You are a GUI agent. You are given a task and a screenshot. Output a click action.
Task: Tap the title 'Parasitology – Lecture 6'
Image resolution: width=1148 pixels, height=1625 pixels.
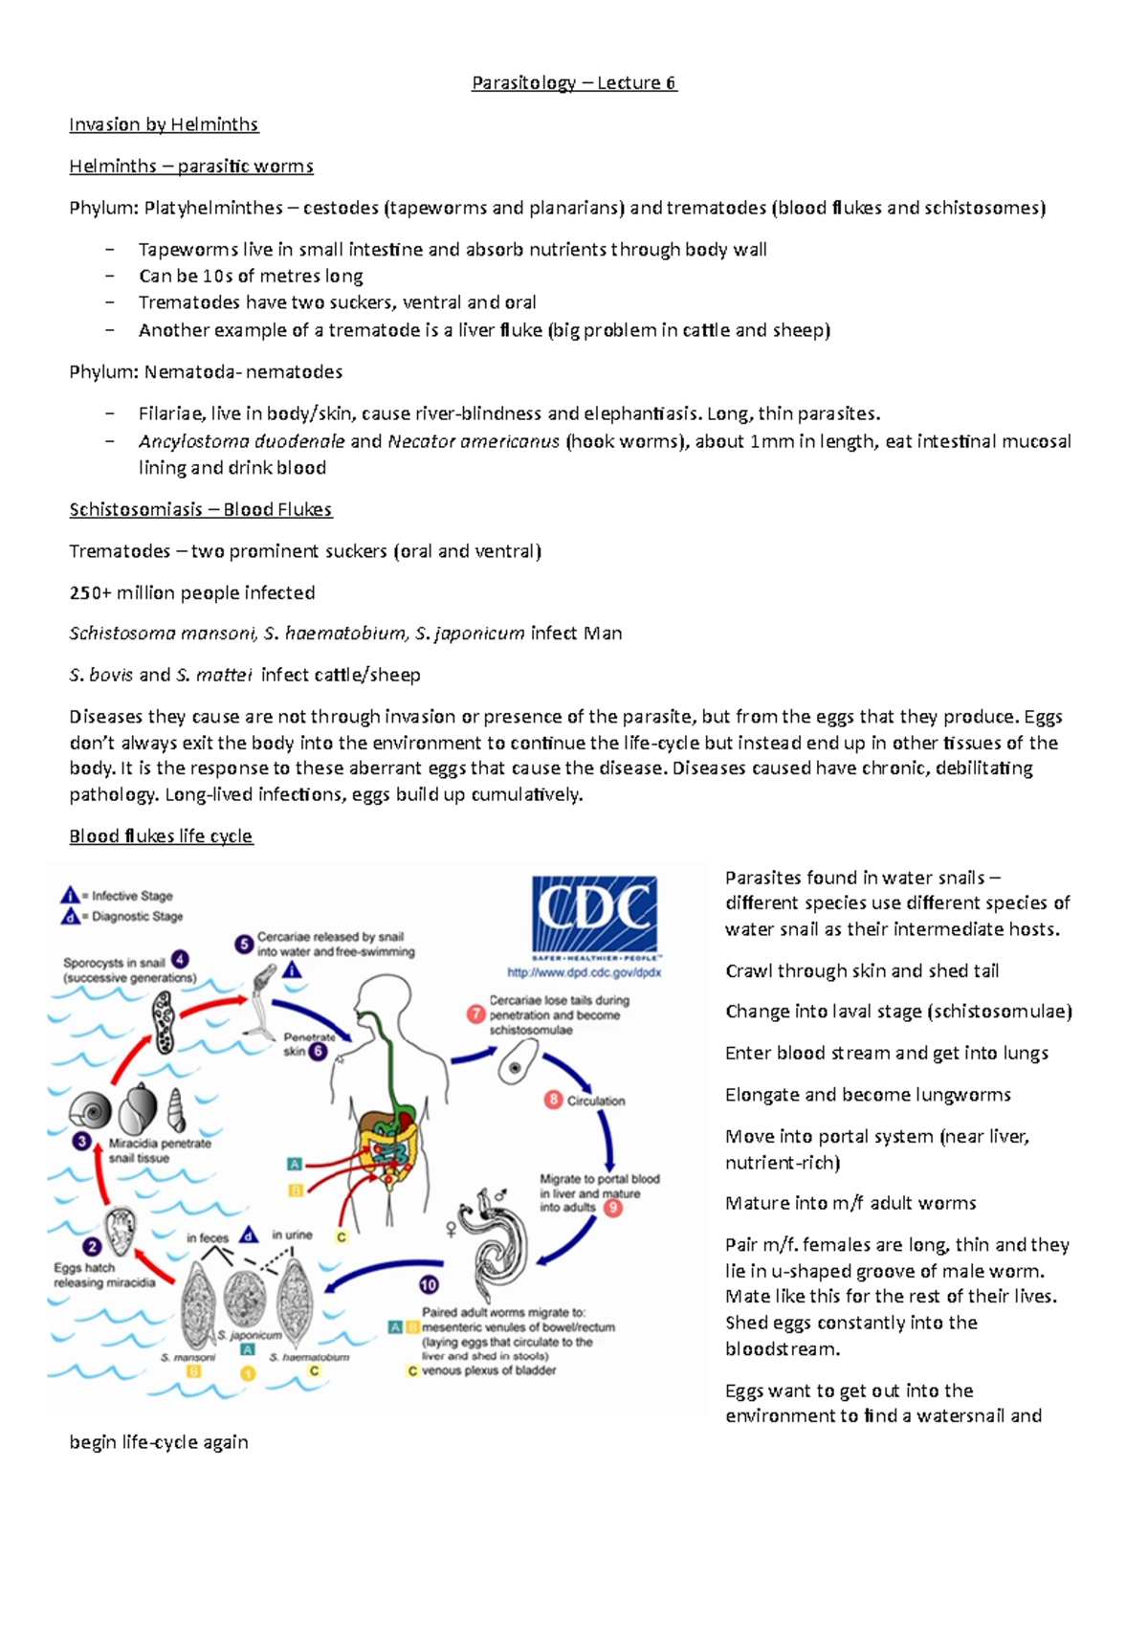tap(574, 83)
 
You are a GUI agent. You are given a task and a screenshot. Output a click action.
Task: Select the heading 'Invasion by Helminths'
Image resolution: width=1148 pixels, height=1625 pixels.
tap(164, 124)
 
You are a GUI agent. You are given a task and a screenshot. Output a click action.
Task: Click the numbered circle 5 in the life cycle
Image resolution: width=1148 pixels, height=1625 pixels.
tap(244, 944)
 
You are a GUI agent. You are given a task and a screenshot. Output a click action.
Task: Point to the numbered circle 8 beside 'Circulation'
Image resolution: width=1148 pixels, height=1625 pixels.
tap(553, 1100)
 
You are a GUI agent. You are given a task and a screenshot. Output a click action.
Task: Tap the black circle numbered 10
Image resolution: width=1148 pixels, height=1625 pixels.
tap(429, 1284)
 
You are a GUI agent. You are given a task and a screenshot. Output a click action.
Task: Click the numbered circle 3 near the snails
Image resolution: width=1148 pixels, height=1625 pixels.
tap(83, 1141)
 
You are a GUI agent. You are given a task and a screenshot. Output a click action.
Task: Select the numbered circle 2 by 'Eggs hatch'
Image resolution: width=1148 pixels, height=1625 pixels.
tap(92, 1246)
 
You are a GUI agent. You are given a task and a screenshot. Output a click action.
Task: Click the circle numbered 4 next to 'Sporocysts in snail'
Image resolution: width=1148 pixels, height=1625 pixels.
tap(180, 959)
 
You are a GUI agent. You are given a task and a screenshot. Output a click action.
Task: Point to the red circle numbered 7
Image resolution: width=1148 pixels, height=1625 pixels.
tap(475, 1013)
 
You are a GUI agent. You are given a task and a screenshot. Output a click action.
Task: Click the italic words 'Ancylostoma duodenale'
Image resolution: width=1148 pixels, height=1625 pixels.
tap(241, 441)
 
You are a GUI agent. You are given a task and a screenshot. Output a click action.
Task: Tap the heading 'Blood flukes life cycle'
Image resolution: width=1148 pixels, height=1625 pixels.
tap(161, 836)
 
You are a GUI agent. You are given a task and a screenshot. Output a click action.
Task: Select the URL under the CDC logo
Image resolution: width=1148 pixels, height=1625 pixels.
tap(585, 972)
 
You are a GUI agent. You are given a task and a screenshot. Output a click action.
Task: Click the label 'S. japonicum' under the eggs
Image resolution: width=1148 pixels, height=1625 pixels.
tap(250, 1334)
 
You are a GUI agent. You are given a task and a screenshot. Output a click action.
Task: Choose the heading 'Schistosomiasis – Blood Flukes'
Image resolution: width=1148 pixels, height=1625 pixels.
tap(200, 509)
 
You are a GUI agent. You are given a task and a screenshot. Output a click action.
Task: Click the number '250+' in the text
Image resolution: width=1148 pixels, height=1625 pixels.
tap(90, 592)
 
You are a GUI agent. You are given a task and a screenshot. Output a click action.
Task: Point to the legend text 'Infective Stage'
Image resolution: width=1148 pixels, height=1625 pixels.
tap(132, 896)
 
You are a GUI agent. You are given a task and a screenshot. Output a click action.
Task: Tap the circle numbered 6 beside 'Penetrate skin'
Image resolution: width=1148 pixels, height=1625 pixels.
tap(319, 1051)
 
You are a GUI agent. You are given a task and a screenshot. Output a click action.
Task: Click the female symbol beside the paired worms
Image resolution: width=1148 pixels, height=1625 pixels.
tap(452, 1229)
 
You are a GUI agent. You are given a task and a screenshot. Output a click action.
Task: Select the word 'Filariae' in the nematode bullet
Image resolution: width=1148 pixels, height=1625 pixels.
tap(170, 413)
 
